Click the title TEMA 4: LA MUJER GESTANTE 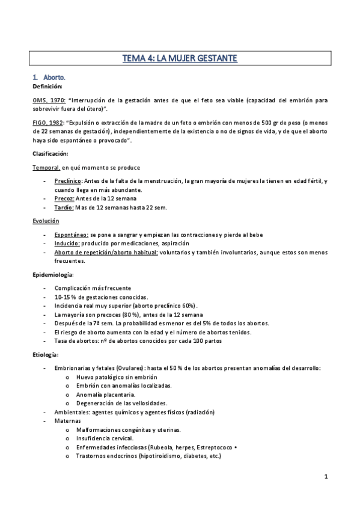[180, 58]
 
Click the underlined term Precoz [64, 198]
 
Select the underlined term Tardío [64, 207]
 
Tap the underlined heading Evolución [46, 221]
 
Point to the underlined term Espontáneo [72, 235]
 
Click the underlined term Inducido [67, 244]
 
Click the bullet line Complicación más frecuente [92, 289]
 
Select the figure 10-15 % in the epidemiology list [65, 298]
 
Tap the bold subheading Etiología [46, 355]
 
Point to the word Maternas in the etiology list [67, 421]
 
